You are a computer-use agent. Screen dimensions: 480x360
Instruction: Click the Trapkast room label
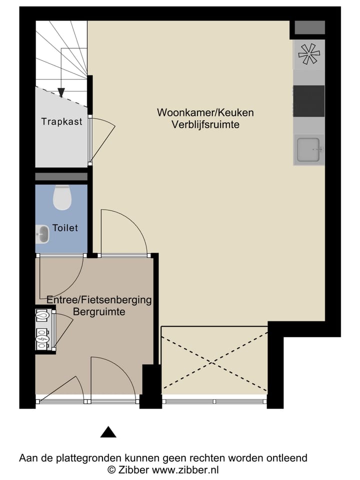[62, 121]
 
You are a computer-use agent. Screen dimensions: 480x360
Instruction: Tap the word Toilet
[65, 228]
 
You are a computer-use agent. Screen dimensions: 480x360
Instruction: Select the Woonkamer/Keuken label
[205, 112]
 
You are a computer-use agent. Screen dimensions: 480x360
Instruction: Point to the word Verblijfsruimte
[205, 124]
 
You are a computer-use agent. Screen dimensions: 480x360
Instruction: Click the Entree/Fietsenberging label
[98, 300]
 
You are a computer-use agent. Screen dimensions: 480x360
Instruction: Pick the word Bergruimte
[98, 311]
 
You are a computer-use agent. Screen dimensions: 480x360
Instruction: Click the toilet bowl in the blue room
[62, 197]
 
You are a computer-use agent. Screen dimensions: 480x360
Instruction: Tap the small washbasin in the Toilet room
[43, 234]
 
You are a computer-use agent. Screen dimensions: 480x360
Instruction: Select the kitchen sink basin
[308, 149]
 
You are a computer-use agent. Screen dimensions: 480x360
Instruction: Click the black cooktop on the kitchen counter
[308, 100]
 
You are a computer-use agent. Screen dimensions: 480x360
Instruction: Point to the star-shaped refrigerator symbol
[308, 53]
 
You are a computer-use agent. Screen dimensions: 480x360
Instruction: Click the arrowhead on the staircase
[61, 92]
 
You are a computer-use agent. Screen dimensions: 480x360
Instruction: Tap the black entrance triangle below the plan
[108, 432]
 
